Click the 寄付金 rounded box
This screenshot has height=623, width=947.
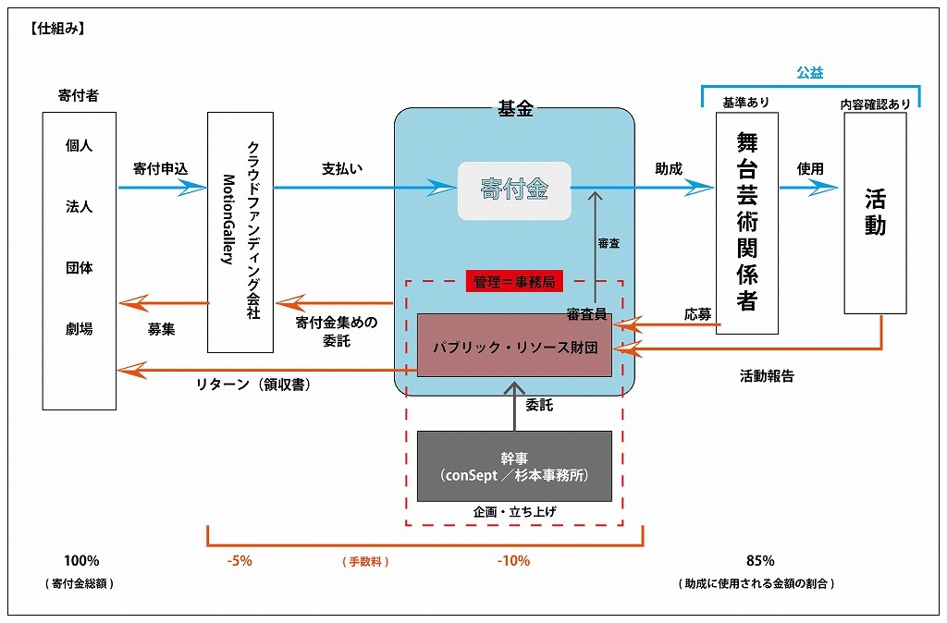click(514, 190)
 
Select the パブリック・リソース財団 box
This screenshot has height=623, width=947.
click(514, 346)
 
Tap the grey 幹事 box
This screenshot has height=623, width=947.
click(514, 466)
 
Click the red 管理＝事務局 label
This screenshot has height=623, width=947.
click(514, 282)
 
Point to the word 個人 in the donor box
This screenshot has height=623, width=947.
click(79, 146)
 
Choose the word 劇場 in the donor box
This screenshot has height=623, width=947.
click(79, 329)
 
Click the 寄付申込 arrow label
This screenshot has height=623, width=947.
click(160, 169)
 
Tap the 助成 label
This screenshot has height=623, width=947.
click(668, 169)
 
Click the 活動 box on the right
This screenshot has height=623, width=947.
click(875, 213)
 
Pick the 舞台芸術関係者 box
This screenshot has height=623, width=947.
click(746, 222)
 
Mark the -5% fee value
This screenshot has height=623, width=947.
click(239, 561)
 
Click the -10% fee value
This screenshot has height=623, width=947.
click(513, 561)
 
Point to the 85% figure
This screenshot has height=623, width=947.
click(760, 561)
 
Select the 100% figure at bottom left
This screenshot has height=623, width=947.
click(81, 561)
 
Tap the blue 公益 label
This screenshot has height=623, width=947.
click(810, 72)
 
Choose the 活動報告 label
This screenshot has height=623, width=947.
click(767, 376)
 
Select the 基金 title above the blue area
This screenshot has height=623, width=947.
click(515, 109)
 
